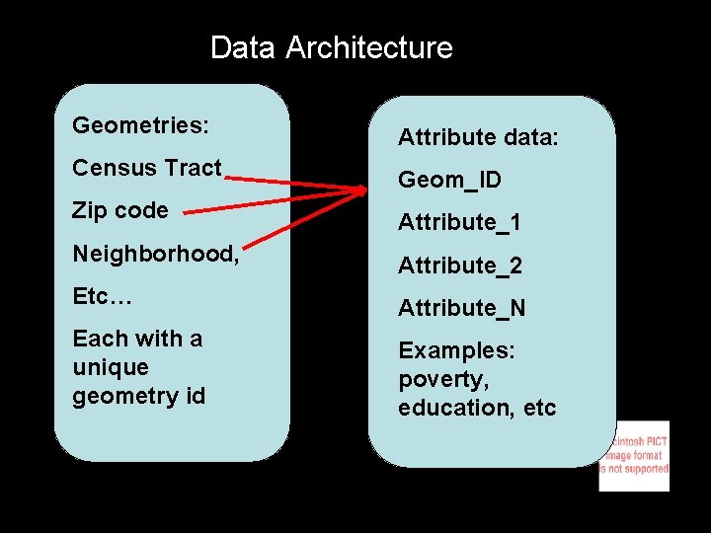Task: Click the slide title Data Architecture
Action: point(331,47)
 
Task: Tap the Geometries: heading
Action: point(140,126)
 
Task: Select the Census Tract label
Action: point(146,168)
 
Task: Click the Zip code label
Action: point(119,210)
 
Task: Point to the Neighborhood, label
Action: point(155,254)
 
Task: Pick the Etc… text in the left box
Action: point(102,296)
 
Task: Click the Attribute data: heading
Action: point(478,137)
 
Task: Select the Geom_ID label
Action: point(449,180)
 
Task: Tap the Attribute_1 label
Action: point(459,222)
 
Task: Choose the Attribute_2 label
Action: point(459,266)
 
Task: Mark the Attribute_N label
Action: point(461,308)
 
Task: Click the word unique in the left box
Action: point(110,367)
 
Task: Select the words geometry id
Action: point(138,396)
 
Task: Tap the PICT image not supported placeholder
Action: point(634,456)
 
